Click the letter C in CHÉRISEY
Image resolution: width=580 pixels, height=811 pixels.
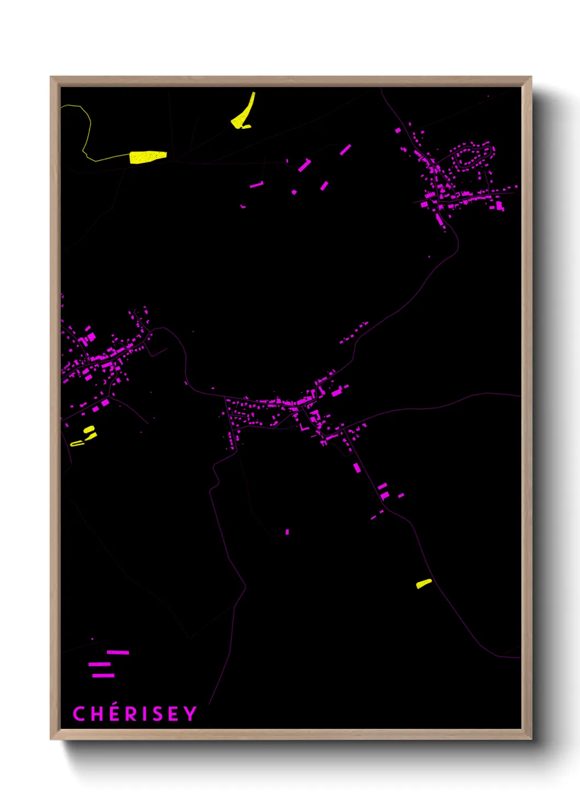79,714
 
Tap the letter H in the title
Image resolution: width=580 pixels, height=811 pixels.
96,714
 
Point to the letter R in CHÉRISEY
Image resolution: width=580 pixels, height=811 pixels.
131,714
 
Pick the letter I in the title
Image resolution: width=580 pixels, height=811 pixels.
144,714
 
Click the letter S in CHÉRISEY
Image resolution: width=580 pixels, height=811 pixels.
157,714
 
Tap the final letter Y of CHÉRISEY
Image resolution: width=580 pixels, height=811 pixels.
190,714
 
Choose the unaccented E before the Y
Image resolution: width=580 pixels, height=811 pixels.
173,714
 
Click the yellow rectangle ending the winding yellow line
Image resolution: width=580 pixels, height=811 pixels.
147,157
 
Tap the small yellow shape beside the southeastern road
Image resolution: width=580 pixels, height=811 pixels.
424,584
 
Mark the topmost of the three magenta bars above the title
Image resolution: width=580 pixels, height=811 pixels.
118,652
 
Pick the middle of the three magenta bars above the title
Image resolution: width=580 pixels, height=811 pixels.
99,664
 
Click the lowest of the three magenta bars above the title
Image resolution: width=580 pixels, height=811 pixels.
103,676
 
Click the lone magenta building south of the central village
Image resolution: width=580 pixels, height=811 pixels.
287,532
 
